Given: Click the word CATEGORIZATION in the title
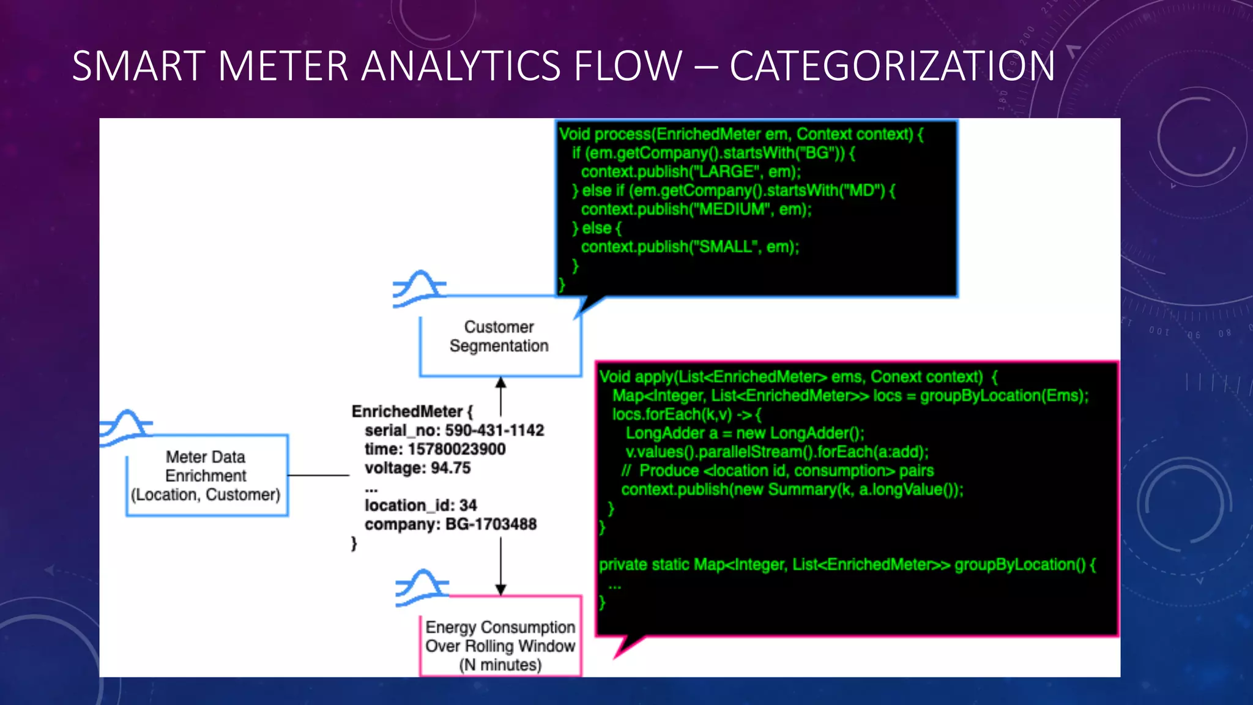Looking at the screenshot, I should (892, 66).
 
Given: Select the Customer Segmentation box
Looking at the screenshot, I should (499, 337).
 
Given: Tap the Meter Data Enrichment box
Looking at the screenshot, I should (206, 476).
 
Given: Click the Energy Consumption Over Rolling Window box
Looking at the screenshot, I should (500, 646).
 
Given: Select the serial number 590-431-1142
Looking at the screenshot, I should (494, 431).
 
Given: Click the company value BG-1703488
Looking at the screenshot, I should (491, 524).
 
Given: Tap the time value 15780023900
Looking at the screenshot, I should (456, 450).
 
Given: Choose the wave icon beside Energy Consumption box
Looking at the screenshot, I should (422, 587).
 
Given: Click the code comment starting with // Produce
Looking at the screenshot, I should (778, 471).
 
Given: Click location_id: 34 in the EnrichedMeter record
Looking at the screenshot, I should (420, 506).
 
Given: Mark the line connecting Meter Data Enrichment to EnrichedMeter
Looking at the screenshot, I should (318, 476).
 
